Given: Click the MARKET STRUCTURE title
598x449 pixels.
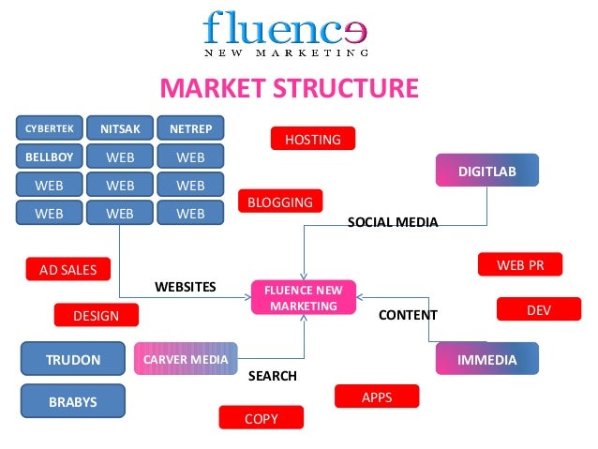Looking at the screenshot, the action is (289, 89).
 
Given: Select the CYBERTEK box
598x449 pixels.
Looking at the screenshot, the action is (50, 128).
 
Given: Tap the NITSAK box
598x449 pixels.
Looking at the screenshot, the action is (120, 128).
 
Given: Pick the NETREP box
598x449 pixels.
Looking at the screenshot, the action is (190, 128).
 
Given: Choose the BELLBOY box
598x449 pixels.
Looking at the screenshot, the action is (50, 157).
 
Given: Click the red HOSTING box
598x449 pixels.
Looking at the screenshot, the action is (312, 139).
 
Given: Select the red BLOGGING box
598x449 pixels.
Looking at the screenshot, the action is (280, 202).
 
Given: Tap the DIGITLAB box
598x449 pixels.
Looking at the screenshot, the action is (486, 171).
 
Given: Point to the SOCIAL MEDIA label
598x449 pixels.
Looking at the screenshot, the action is (393, 222).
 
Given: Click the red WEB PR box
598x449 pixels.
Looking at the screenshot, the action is (519, 265).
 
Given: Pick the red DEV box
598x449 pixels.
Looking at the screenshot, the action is (538, 308).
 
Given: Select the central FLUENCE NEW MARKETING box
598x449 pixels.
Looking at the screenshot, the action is (303, 299).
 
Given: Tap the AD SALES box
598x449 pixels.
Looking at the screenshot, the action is (67, 270).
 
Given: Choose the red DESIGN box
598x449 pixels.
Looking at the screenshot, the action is (96, 316).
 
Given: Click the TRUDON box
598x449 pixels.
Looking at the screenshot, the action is (73, 359).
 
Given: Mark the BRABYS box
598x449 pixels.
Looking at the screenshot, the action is (73, 402).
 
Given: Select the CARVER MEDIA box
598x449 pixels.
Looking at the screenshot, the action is (186, 359).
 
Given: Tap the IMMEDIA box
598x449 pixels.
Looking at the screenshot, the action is (486, 359).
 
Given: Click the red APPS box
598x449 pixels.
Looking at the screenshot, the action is (377, 397).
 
